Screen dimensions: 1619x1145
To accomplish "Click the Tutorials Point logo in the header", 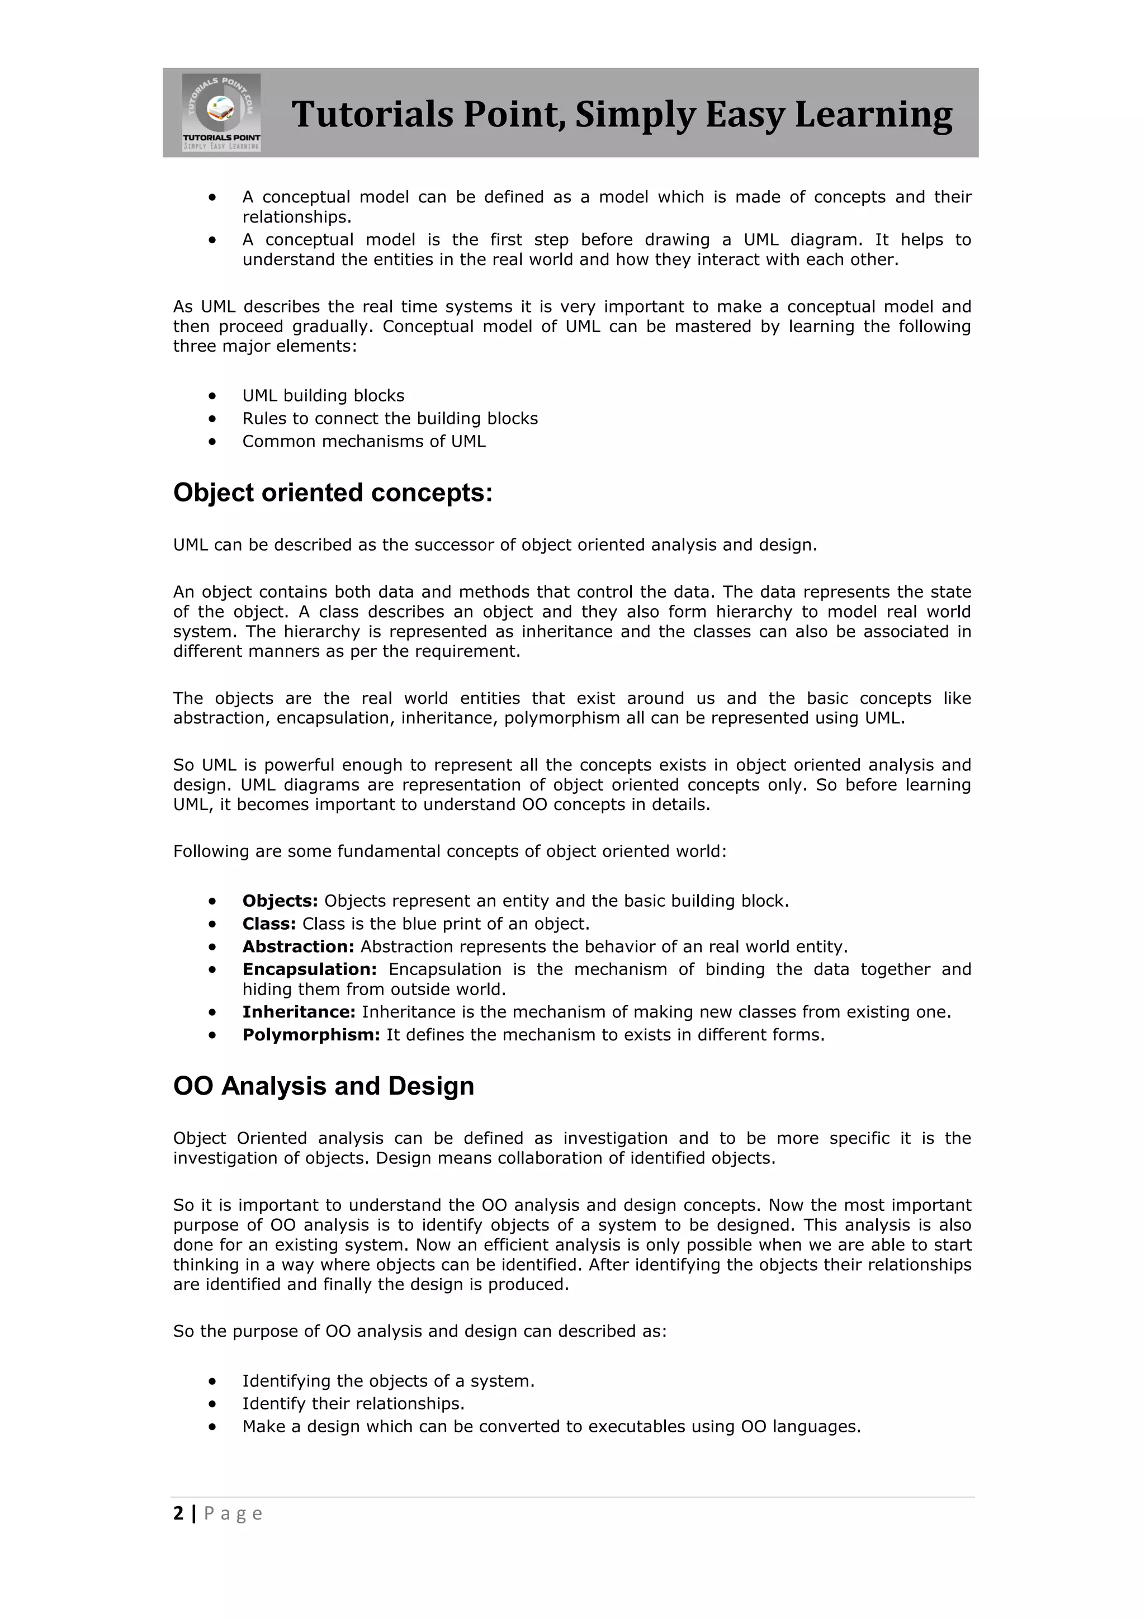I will click(221, 112).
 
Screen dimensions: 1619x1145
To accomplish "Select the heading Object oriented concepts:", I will click(333, 492).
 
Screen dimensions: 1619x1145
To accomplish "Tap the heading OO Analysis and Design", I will click(324, 1085).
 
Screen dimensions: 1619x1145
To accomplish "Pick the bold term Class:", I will click(268, 923).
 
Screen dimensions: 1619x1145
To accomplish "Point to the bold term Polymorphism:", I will click(311, 1034).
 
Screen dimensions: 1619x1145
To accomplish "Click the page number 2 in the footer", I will click(178, 1513).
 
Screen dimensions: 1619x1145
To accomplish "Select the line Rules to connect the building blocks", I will click(390, 418).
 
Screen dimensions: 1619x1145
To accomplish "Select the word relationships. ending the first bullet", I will click(296, 216).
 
